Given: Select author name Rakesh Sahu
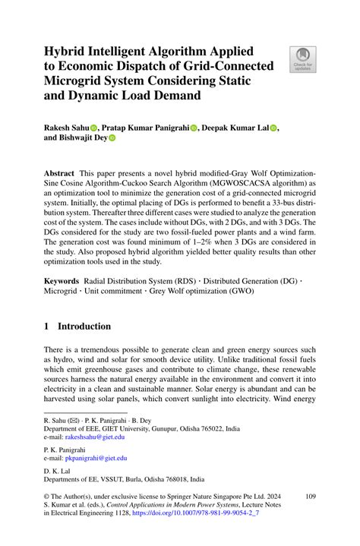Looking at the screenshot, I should tap(66, 128).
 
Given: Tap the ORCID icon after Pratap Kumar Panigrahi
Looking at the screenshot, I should tap(194, 129).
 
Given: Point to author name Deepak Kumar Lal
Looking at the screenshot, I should tap(235, 128).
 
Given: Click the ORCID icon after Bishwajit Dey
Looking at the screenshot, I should tap(111, 139).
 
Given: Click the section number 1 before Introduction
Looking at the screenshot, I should tap(47, 327).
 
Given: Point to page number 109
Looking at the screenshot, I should tap(310, 497).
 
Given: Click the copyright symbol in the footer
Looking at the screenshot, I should tap(47, 497).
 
